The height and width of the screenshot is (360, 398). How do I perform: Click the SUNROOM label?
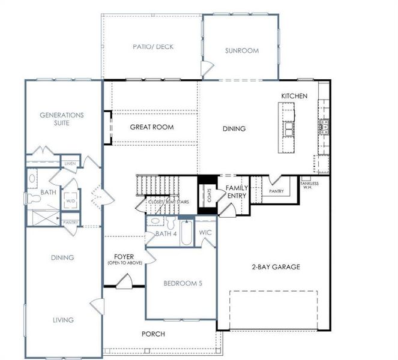click(x=242, y=50)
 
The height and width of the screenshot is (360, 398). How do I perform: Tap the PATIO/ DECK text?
click(x=153, y=46)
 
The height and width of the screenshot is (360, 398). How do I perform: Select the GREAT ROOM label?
click(x=152, y=127)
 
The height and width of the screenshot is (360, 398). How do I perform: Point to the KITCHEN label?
click(x=294, y=96)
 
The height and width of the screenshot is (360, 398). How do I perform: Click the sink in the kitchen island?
click(x=289, y=128)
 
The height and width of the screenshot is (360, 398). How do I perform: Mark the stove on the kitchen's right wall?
click(x=324, y=125)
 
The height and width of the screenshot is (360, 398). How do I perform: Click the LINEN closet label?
click(x=70, y=163)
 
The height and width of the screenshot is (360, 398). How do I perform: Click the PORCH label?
click(x=153, y=334)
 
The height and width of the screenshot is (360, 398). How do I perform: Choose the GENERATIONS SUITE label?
click(x=61, y=118)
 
